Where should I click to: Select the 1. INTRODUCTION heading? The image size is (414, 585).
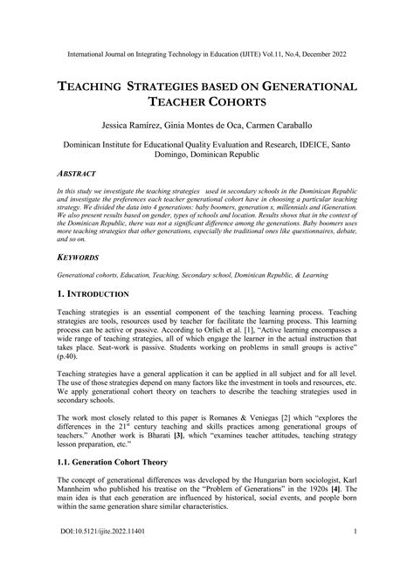click(x=93, y=294)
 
